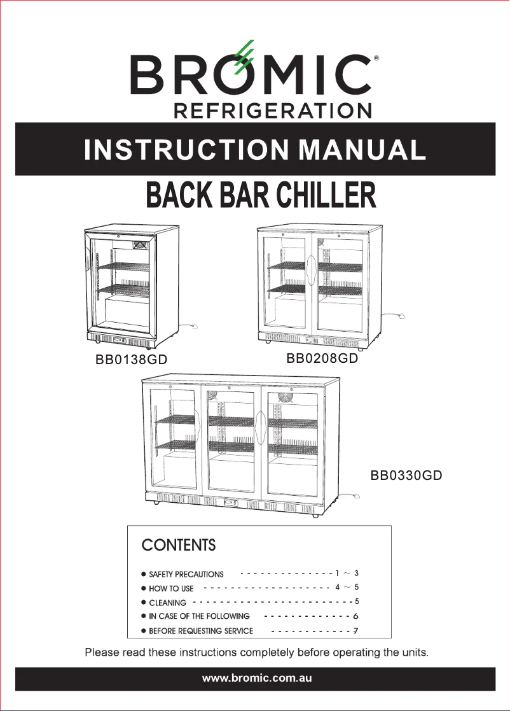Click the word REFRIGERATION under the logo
click(x=272, y=110)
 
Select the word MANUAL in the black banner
click(x=363, y=150)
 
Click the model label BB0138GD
click(x=131, y=360)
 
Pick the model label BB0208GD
click(x=322, y=358)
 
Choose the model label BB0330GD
click(x=406, y=475)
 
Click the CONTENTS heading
click(x=178, y=546)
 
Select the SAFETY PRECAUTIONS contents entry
click(x=186, y=574)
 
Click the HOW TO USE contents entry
click(x=171, y=589)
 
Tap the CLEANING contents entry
click(x=167, y=602)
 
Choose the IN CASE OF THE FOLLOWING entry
click(x=198, y=616)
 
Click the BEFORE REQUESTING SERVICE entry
click(x=200, y=631)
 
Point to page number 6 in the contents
click(x=356, y=616)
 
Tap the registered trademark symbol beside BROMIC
click(x=377, y=58)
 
